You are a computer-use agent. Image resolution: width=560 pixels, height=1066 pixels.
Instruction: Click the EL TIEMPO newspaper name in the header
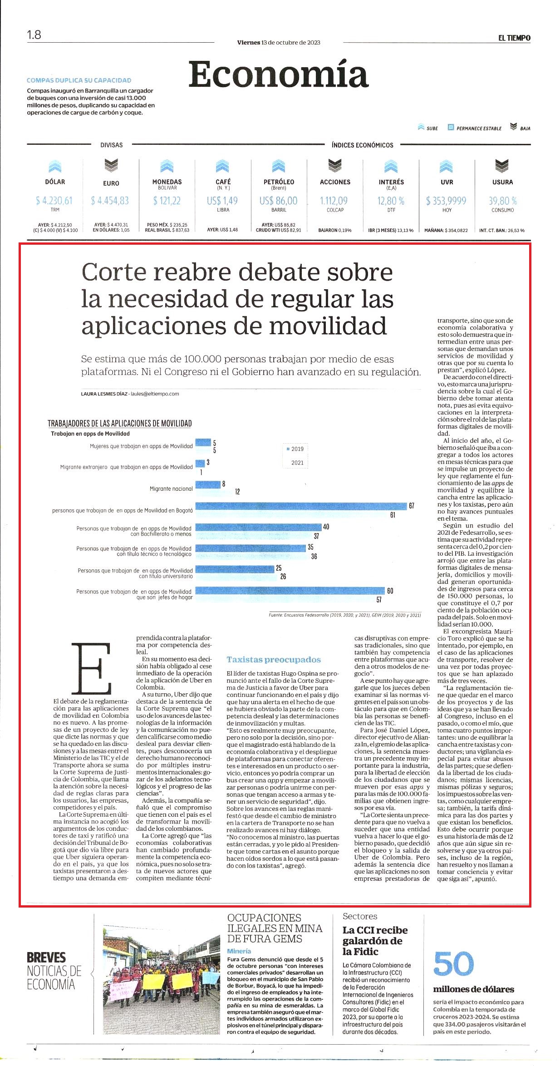[514, 38]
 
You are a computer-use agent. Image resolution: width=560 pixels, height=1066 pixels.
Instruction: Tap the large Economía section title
[278, 74]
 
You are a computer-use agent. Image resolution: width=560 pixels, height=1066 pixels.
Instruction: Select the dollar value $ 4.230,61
[54, 201]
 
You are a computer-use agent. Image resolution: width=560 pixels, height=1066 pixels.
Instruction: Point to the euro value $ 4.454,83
[110, 201]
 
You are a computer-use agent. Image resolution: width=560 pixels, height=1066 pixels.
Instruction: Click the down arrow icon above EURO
[111, 165]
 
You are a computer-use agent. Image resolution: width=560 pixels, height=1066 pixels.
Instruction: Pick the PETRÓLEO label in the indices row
[279, 182]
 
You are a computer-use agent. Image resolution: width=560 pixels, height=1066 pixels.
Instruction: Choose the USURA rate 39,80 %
[503, 201]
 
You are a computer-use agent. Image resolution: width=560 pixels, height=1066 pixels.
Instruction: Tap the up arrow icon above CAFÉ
[222, 165]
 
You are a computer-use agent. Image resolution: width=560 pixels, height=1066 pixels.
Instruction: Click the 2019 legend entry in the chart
[295, 449]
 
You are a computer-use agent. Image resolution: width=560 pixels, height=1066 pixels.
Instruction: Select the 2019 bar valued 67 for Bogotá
[301, 506]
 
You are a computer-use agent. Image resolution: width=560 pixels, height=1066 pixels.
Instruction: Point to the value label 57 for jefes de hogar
[379, 600]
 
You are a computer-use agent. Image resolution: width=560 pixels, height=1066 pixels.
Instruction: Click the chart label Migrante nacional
[171, 489]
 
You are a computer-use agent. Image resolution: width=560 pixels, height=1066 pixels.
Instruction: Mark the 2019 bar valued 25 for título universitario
[235, 568]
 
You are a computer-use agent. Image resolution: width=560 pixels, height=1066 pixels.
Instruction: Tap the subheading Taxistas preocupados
[274, 660]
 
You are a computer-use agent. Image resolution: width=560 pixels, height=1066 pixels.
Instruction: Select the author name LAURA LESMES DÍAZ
[104, 394]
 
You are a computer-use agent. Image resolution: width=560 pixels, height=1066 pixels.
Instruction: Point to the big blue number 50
[453, 964]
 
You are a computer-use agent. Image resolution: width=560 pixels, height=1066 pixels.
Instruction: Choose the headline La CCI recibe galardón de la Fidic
[375, 941]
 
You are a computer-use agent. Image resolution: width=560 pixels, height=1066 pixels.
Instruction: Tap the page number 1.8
[34, 35]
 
